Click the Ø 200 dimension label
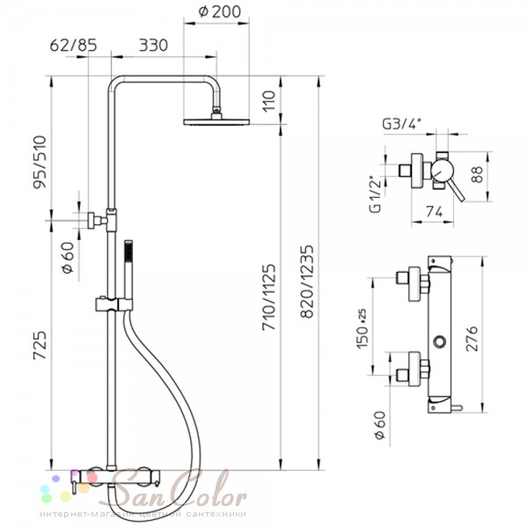219,11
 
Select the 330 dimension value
153,45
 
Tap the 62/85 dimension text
73,45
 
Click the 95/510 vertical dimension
40,162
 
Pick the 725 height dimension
40,346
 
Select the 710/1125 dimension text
268,297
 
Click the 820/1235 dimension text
307,282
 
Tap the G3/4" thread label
402,124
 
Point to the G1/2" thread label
376,194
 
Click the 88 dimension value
477,174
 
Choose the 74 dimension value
435,212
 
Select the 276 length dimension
472,339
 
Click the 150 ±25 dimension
363,328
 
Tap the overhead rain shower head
216,121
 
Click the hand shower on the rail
128,269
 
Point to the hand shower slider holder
114,304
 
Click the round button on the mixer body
439,342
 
